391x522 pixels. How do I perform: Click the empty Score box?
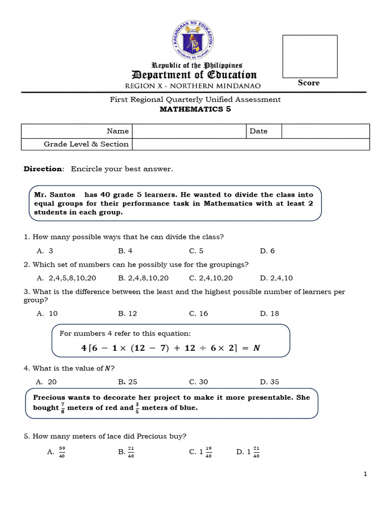point(310,56)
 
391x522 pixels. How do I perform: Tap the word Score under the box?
point(309,83)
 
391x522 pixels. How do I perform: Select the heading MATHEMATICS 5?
point(195,109)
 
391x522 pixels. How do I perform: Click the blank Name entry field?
point(189,131)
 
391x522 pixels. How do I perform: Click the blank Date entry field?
point(325,131)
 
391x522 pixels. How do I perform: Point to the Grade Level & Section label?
point(86,144)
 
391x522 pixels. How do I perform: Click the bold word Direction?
point(44,169)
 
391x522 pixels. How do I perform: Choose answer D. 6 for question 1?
point(267,251)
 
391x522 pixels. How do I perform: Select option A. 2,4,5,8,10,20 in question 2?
point(66,278)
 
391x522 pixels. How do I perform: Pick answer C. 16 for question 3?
point(199,314)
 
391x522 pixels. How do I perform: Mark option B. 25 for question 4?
point(127,382)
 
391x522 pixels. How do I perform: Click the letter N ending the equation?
point(257,348)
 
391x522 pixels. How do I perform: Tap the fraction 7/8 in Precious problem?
point(62,407)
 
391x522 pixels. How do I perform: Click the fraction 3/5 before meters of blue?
point(137,407)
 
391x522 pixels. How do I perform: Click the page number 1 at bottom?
point(365,474)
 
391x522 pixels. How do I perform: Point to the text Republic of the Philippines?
point(197,65)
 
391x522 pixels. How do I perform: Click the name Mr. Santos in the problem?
point(54,195)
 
